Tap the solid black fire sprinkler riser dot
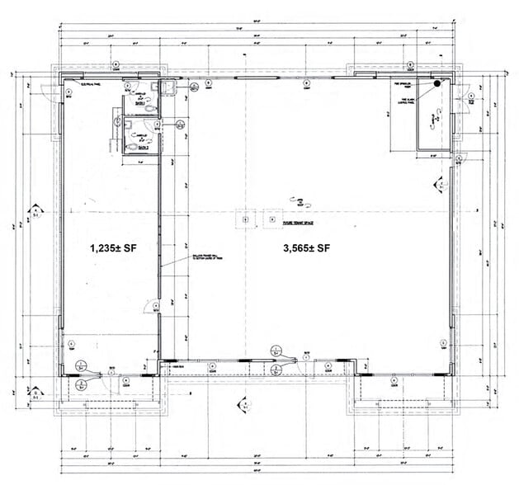(x=437, y=82)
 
